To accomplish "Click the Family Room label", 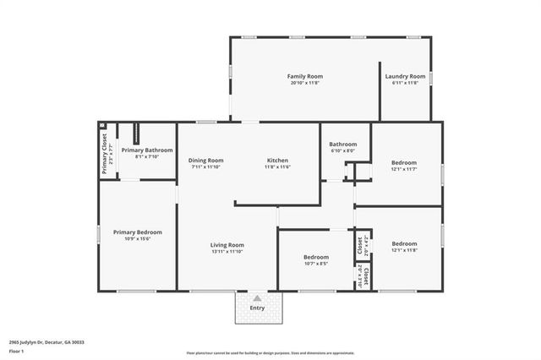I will click(305, 76).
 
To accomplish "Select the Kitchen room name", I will click(277, 160).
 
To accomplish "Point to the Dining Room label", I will click(205, 160).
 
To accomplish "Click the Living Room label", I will click(227, 244).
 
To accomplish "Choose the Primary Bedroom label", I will click(138, 232).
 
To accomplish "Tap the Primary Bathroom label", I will click(146, 150).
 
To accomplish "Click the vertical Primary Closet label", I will click(105, 154).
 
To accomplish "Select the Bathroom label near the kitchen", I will click(343, 144).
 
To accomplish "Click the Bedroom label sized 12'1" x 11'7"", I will click(403, 163).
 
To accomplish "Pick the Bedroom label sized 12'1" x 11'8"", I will click(403, 243).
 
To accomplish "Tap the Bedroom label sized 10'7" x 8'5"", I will click(315, 256).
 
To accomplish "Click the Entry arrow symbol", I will click(257, 297).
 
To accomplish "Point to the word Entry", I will click(257, 308).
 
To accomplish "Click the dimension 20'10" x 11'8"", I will click(305, 83).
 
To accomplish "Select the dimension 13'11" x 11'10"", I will click(227, 251).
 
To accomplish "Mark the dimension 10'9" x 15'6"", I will click(138, 238).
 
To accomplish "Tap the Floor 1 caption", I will click(16, 350).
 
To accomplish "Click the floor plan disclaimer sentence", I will click(270, 353).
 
